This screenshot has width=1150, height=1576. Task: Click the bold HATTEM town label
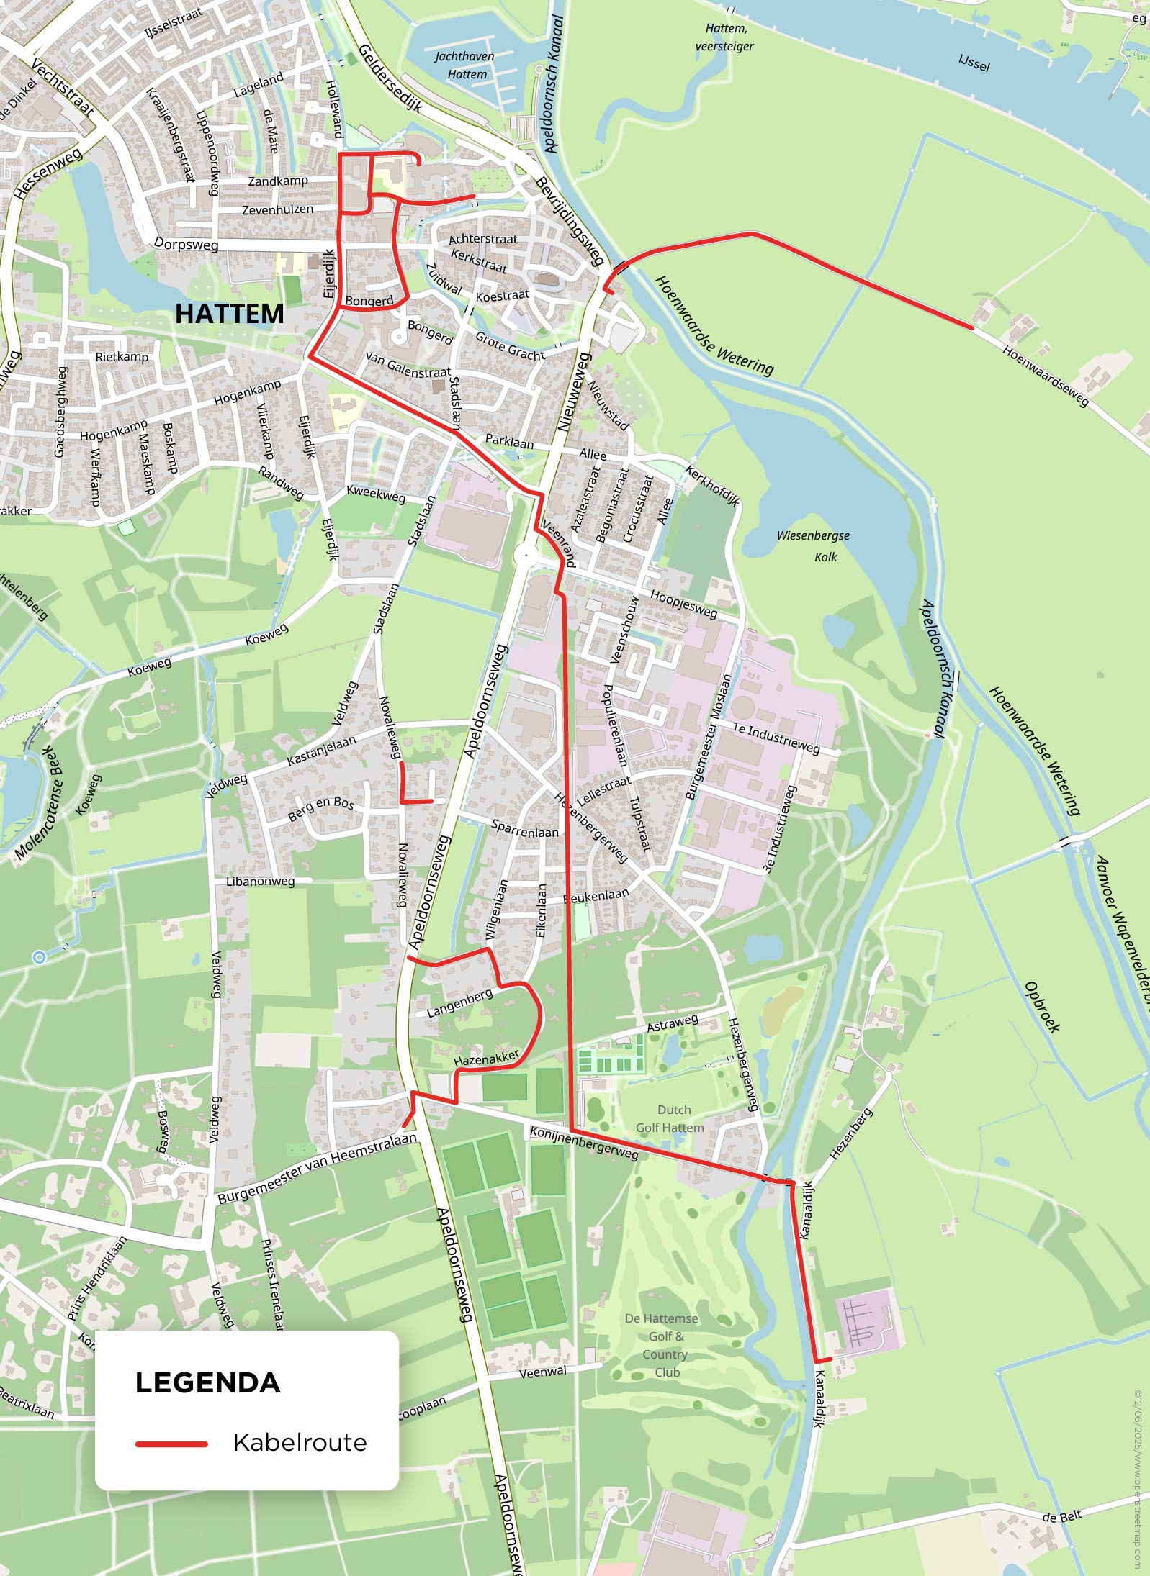[x=230, y=314]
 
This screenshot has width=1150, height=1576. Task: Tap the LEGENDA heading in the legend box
[x=207, y=1382]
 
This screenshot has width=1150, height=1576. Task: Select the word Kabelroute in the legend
[x=300, y=1442]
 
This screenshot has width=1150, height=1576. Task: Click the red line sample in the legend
[x=171, y=1444]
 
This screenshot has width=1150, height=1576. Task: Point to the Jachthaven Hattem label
[x=464, y=65]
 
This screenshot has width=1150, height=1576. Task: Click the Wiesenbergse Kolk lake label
[x=813, y=545]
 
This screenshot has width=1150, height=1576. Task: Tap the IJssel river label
[x=974, y=63]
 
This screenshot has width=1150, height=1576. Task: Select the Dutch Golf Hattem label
[x=670, y=1118]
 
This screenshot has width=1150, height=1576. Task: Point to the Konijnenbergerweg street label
[x=584, y=1143]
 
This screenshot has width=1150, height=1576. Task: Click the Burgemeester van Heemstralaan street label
[x=317, y=1167]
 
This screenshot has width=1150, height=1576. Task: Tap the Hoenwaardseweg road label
[x=1046, y=376]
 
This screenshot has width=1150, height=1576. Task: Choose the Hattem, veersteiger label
[x=725, y=37]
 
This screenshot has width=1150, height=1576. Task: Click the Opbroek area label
[x=1042, y=1007]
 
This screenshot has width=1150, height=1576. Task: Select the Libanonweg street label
[x=261, y=882]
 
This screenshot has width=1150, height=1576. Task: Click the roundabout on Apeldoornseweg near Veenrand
[x=526, y=555]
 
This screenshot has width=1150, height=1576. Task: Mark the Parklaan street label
[x=509, y=441]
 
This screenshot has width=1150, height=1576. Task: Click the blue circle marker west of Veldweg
[x=40, y=956]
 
